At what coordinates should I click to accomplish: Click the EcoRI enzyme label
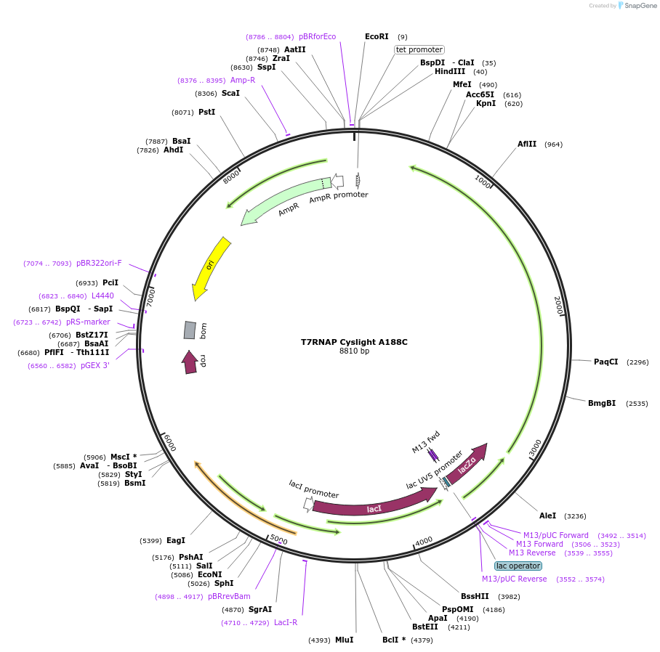[x=377, y=36]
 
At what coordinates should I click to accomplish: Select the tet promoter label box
[x=419, y=49]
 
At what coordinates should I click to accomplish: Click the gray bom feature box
[x=190, y=330]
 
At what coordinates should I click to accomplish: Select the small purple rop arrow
[x=190, y=362]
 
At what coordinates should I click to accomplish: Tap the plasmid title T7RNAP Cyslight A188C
[x=354, y=342]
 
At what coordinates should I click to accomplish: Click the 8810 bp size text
[x=354, y=351]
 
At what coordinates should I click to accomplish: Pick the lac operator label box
[x=518, y=566]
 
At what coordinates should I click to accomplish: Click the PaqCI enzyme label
[x=605, y=362]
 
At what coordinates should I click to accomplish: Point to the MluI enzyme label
[x=344, y=640]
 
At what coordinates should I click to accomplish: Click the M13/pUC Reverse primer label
[x=514, y=579]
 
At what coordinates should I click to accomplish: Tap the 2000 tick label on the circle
[x=558, y=305]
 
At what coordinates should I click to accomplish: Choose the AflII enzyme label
[x=527, y=144]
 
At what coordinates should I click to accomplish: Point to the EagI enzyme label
[x=176, y=540]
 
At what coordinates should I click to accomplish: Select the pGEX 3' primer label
[x=94, y=366]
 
